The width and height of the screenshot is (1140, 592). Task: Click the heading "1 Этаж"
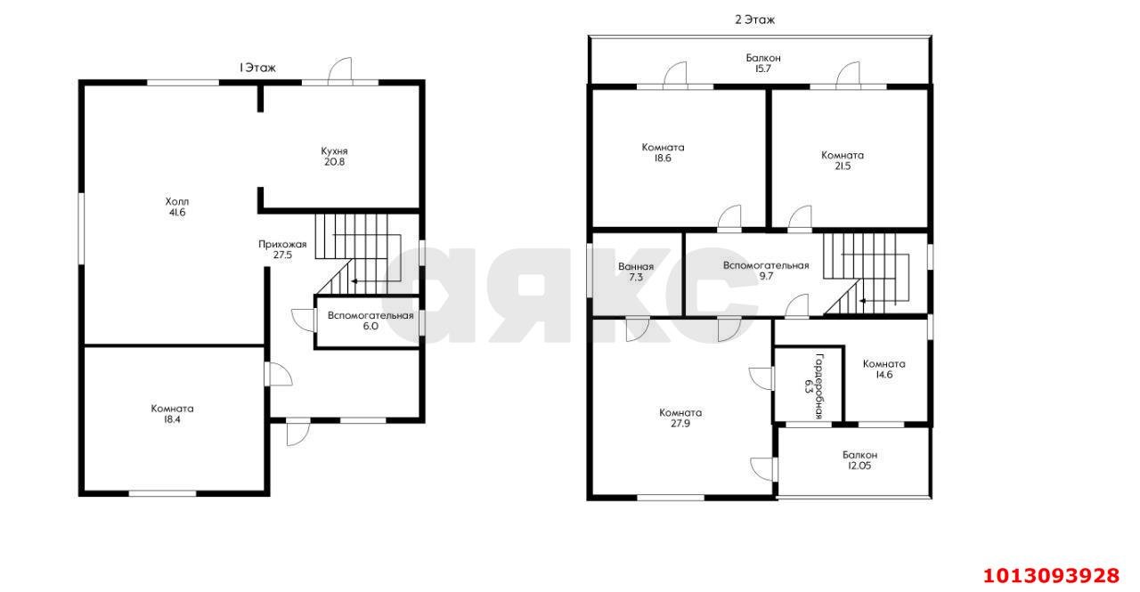tap(257, 68)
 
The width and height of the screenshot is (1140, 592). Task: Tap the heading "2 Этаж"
tap(754, 20)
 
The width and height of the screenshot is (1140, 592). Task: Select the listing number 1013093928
tap(1051, 575)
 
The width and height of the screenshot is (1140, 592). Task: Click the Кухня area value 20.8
tap(334, 162)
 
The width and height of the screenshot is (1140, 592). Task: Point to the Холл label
tap(177, 201)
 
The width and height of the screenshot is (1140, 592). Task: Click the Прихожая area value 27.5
tap(282, 255)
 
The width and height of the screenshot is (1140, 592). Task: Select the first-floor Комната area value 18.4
tap(172, 419)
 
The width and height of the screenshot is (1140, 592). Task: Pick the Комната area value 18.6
tap(663, 158)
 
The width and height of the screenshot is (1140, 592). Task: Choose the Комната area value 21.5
tap(843, 166)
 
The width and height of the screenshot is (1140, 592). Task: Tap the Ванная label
tap(636, 266)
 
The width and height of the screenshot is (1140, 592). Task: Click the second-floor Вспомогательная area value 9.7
tap(766, 277)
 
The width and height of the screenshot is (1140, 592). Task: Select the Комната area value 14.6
tap(884, 375)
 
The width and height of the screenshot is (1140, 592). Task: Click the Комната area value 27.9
tap(680, 424)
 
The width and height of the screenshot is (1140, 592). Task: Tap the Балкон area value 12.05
tap(859, 466)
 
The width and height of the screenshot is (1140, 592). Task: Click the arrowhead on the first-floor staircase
tap(354, 281)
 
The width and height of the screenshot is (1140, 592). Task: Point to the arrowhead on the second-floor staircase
tap(863, 301)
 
